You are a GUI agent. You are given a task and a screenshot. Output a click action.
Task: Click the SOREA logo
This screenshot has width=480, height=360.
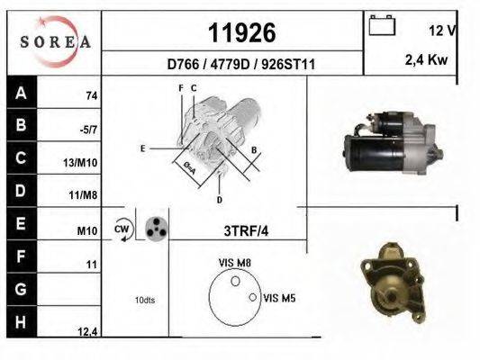coord(53,41)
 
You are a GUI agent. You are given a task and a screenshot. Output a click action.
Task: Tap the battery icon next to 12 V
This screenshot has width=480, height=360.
coord(382,28)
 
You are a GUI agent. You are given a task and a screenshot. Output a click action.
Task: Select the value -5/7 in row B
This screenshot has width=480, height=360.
coord(88,129)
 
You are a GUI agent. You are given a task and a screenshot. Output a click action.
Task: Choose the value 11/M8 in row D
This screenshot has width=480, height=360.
coord(86,196)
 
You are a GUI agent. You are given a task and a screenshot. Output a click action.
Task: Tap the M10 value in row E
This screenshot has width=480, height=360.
coord(88,231)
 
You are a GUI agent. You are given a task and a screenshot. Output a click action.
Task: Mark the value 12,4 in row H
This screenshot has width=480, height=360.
coord(87,332)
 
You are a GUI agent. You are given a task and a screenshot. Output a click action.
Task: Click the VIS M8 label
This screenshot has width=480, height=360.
coord(233,262)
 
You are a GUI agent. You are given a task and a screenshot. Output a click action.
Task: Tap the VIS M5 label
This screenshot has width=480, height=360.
coord(279,296)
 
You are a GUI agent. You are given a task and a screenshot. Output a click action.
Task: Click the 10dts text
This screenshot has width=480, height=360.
coord(145,300)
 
